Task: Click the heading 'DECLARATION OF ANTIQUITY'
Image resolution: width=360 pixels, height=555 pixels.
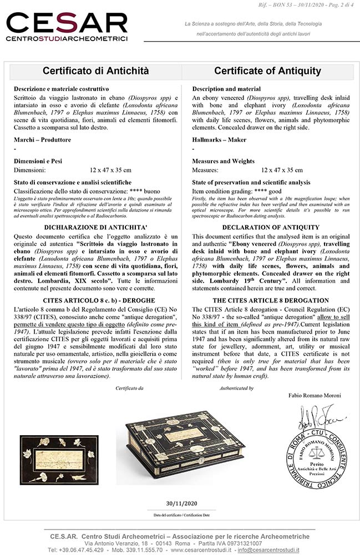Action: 271,227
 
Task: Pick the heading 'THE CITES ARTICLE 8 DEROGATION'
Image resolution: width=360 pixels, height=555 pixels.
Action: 271,300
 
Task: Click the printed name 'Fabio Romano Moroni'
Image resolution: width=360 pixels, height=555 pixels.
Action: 315,395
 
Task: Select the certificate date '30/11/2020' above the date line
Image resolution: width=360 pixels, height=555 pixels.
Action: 181,503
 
